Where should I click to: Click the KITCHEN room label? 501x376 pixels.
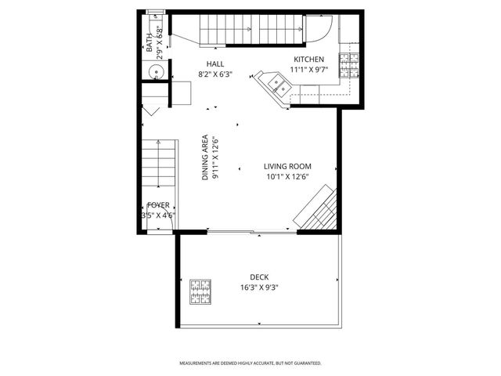click(308, 60)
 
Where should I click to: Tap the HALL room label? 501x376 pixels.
click(215, 63)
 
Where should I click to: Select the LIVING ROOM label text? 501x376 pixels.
click(287, 166)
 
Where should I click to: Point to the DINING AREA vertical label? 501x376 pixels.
click(205, 156)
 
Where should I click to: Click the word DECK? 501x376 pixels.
click(259, 277)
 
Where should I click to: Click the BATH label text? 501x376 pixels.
click(150, 42)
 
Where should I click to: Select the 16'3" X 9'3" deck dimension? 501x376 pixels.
click(259, 287)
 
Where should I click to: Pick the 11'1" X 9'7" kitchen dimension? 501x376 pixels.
click(308, 70)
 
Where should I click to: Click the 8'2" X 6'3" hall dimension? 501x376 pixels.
click(215, 75)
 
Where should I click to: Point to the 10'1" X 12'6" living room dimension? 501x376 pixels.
click(287, 177)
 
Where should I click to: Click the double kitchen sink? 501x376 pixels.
click(275, 83)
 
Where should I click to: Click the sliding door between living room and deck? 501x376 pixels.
click(252, 231)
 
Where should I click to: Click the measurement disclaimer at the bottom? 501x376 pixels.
click(250, 363)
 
